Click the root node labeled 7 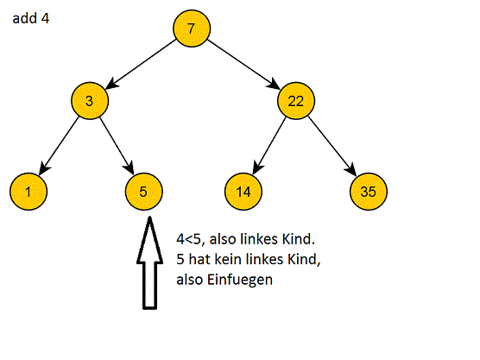(190, 28)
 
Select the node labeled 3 (89, 101)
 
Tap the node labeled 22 (295, 101)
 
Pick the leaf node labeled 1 (28, 189)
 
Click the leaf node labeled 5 (143, 189)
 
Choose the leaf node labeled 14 (243, 189)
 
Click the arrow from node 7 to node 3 (140, 64)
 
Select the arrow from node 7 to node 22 (243, 64)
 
